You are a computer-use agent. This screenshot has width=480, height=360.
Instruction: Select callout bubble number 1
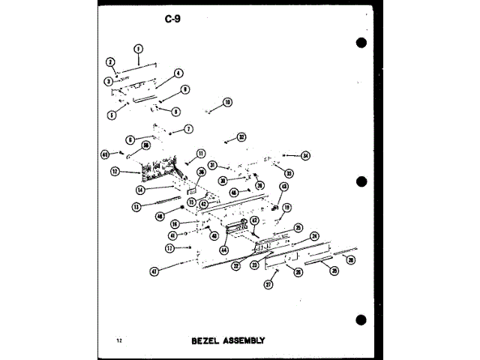(x=138, y=49)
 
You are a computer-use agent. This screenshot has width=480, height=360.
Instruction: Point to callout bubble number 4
(x=178, y=73)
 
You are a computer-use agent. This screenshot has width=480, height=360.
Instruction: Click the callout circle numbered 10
(x=227, y=102)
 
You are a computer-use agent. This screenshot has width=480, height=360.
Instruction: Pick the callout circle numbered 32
(x=241, y=137)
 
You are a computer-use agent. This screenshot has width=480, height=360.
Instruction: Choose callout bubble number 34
(x=305, y=156)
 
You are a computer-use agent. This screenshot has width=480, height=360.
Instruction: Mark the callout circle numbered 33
(x=289, y=173)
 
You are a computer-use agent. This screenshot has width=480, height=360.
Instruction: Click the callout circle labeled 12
(x=115, y=172)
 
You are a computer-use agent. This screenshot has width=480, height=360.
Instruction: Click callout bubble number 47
(x=154, y=271)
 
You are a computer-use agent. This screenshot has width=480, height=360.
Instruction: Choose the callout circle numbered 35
(x=334, y=271)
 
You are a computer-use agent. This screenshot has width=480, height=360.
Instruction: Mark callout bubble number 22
(x=235, y=265)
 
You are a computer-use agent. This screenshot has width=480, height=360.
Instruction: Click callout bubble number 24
(x=315, y=235)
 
